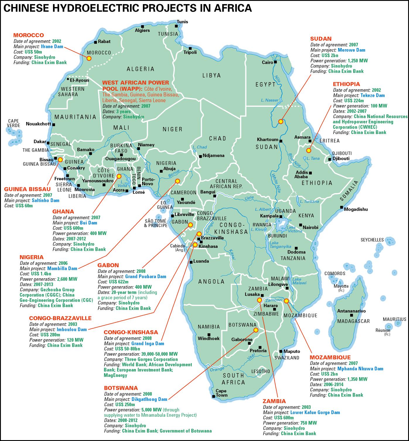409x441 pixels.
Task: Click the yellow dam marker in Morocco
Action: pyautogui.click(x=89, y=58)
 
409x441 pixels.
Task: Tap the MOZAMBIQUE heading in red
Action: pyautogui.click(x=330, y=357)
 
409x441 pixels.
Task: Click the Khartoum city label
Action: pyautogui.click(x=267, y=139)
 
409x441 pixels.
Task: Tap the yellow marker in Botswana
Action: pyautogui.click(x=255, y=330)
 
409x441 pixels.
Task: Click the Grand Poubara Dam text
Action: pyautogui.click(x=146, y=276)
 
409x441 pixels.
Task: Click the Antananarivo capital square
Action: pyautogui.click(x=352, y=315)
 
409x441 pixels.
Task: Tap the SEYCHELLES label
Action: pyautogui.click(x=372, y=240)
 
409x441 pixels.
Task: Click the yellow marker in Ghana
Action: pyautogui.click(x=119, y=176)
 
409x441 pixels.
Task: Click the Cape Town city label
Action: pyautogui.click(x=221, y=393)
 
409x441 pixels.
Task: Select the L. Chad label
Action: pyautogui.click(x=200, y=147)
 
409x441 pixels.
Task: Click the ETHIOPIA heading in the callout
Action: pyautogui.click(x=346, y=84)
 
